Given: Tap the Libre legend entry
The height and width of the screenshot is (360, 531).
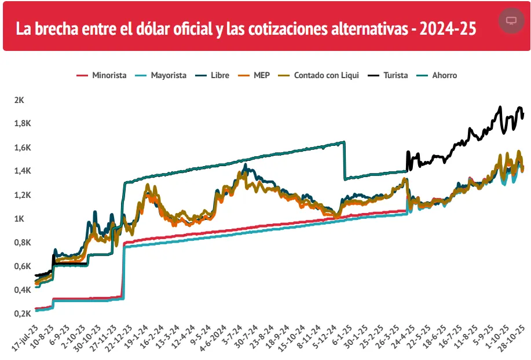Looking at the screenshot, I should coord(214,75).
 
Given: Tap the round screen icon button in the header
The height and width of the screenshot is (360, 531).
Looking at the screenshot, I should coord(511,21).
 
